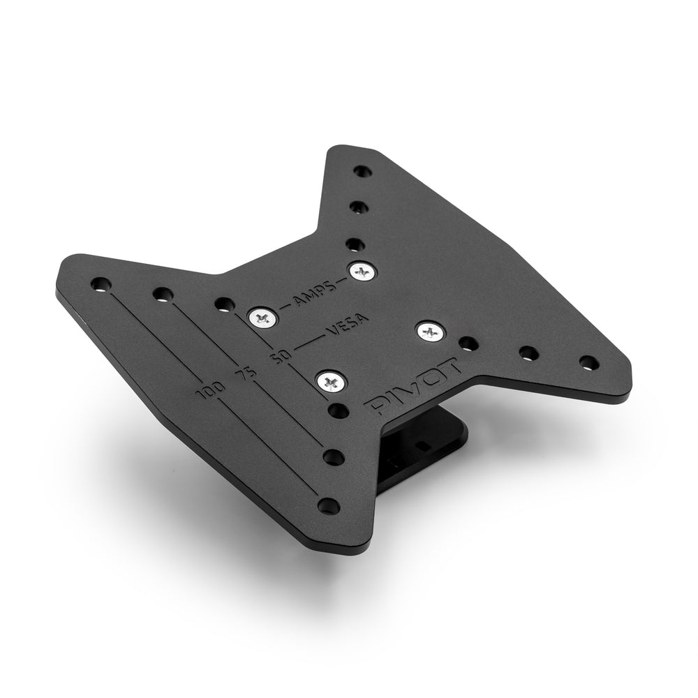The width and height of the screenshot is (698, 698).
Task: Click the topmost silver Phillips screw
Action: click(362, 271)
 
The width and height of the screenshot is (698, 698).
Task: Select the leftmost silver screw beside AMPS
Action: click(263, 318)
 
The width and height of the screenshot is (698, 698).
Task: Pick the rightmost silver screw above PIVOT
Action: click(430, 331)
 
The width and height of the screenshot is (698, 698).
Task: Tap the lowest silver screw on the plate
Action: click(330, 382)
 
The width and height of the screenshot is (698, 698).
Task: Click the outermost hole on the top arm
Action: click(361, 171)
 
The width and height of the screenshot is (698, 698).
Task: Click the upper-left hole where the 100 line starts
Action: click(101, 284)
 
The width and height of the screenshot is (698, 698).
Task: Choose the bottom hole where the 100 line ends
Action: click(325, 504)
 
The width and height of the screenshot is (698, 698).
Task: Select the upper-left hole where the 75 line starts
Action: click(163, 295)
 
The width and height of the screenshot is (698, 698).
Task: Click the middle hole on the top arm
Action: click(357, 207)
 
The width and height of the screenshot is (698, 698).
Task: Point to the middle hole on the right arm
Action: click(528, 352)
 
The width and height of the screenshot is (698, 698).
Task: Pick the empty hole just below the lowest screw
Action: click(338, 408)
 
